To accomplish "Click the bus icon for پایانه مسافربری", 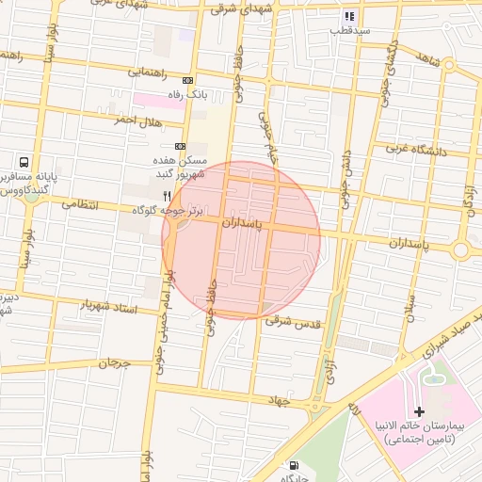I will coord(23,162).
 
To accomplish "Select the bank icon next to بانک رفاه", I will coord(187,81).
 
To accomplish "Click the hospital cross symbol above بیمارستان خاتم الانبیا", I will coord(419,411).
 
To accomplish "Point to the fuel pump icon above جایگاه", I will coord(295,465).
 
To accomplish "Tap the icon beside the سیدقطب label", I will coord(349,16).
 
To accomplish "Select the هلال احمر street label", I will coord(138,120).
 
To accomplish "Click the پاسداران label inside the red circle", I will coord(244,226).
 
